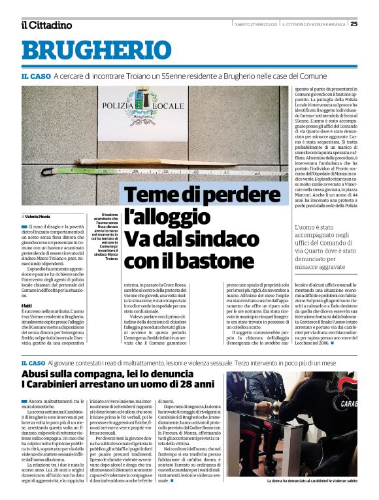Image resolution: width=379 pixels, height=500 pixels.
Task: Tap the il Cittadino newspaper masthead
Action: tap(46, 25)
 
